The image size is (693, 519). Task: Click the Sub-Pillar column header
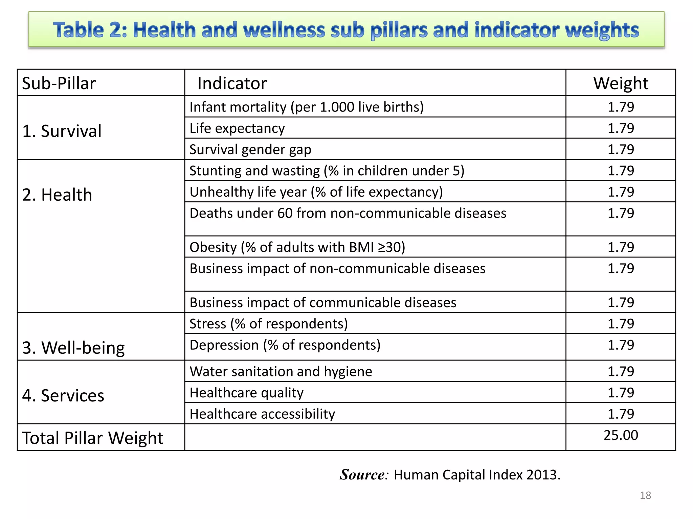(59, 83)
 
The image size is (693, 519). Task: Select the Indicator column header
(232, 83)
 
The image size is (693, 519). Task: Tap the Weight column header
(621, 83)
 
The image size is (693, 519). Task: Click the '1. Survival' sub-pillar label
(62, 131)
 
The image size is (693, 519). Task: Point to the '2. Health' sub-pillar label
(57, 195)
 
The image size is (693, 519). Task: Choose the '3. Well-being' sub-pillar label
(73, 348)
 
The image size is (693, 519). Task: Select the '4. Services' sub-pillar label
(63, 395)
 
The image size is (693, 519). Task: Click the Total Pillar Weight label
(93, 438)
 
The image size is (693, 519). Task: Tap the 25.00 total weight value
(621, 435)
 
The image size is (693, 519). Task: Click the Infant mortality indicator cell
(306, 107)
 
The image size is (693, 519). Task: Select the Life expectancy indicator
(237, 128)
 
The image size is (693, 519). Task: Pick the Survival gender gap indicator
(250, 150)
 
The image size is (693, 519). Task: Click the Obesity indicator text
(297, 247)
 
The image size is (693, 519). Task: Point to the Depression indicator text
(285, 345)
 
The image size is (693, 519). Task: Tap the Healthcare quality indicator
(246, 393)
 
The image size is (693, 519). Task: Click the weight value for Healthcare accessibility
(621, 414)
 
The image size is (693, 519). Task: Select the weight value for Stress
(621, 324)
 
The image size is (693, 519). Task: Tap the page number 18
(645, 495)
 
